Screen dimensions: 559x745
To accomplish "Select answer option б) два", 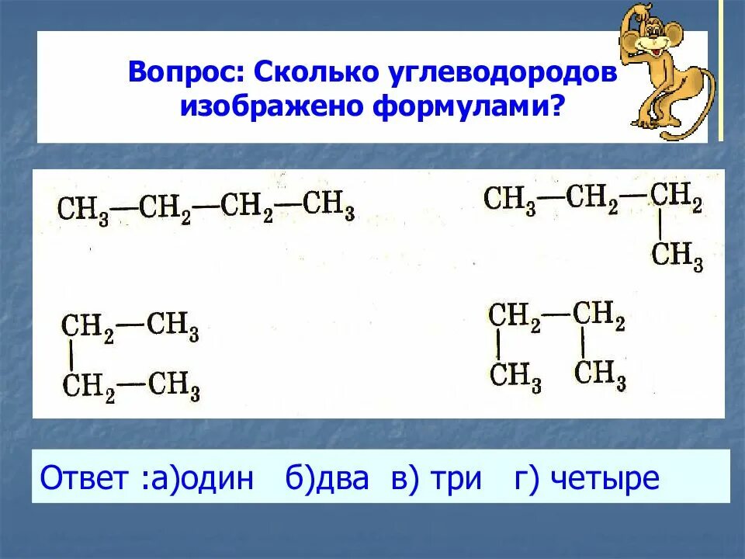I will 327,477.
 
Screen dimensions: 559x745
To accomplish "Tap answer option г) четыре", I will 587,477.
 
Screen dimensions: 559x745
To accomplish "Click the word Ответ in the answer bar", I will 84,477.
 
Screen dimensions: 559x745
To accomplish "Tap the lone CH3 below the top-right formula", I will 677,255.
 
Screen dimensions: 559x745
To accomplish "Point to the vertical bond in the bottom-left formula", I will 72,354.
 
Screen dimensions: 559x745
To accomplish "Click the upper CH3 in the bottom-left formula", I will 172,326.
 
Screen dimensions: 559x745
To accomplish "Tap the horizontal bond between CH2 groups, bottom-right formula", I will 557,316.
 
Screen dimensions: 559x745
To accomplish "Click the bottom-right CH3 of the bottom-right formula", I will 600,373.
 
